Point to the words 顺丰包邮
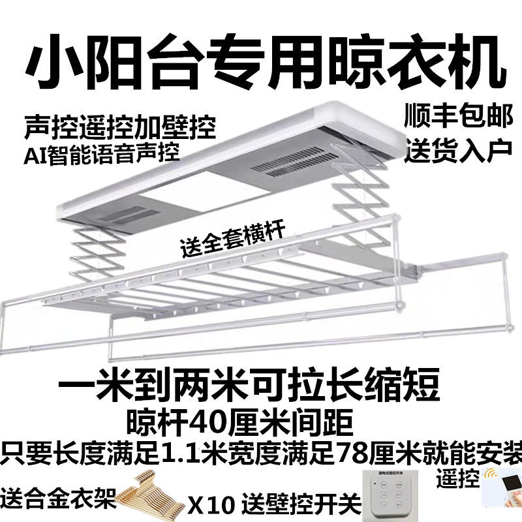click(450, 117)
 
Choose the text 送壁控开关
click(301, 504)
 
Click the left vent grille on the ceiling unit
click(140, 215)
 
